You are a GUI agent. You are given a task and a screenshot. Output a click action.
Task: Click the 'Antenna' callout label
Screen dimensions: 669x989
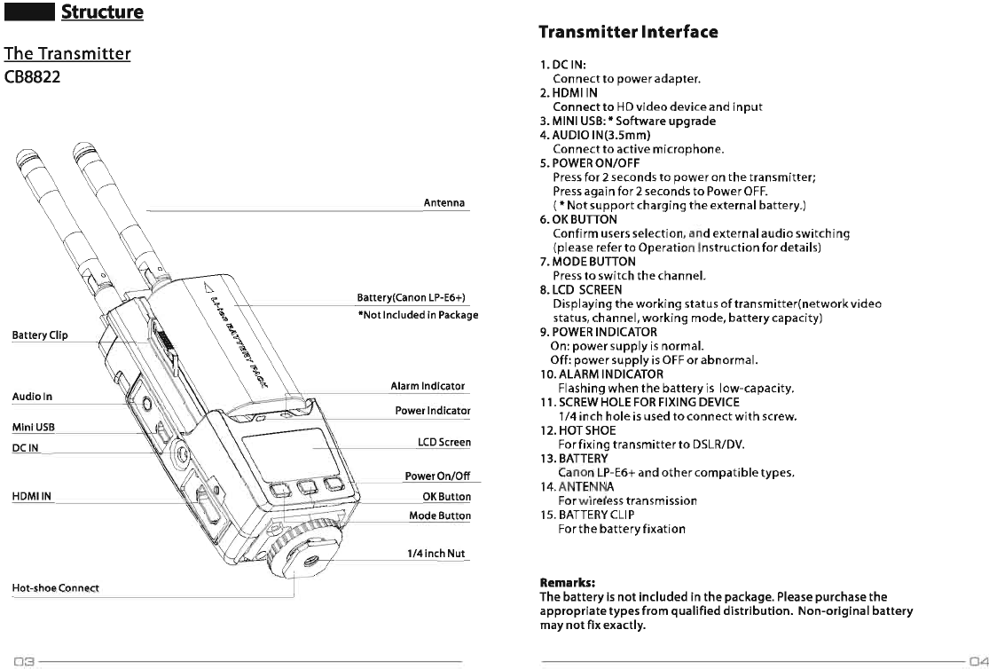tap(444, 203)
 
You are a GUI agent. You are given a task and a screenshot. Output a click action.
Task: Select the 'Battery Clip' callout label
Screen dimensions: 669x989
tap(40, 335)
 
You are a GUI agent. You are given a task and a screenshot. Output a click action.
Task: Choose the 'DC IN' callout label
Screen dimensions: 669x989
tap(26, 448)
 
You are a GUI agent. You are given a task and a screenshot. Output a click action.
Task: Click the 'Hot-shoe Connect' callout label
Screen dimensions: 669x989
tap(55, 588)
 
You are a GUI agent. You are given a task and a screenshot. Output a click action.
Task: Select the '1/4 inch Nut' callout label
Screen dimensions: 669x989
tap(436, 554)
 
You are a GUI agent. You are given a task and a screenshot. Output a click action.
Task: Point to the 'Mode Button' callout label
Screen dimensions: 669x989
tap(439, 516)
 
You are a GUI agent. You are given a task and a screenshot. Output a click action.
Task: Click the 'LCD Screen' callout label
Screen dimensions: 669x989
tap(443, 442)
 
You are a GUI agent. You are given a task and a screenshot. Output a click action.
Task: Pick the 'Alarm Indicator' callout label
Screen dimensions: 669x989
tap(428, 387)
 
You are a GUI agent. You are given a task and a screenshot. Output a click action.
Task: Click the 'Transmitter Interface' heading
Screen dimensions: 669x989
tap(628, 32)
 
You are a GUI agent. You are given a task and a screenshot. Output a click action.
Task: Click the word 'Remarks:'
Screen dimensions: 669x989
tap(567, 583)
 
